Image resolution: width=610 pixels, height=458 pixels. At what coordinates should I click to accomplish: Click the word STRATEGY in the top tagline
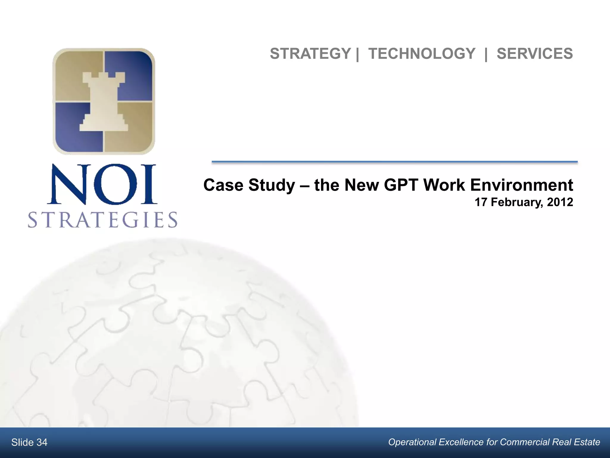pyautogui.click(x=310, y=54)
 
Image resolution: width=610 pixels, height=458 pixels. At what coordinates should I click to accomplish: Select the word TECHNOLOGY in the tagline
pyautogui.click(x=422, y=54)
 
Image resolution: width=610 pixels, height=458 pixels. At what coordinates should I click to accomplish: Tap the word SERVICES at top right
pyautogui.click(x=535, y=54)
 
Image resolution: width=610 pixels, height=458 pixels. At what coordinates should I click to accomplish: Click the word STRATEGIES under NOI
pyautogui.click(x=103, y=220)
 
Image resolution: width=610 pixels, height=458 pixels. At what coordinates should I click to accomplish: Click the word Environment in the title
pyautogui.click(x=521, y=185)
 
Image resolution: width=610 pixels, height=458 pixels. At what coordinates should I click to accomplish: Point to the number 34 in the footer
pyautogui.click(x=42, y=442)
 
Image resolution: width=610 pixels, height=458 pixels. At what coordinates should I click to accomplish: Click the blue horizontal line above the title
pyautogui.click(x=395, y=162)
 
